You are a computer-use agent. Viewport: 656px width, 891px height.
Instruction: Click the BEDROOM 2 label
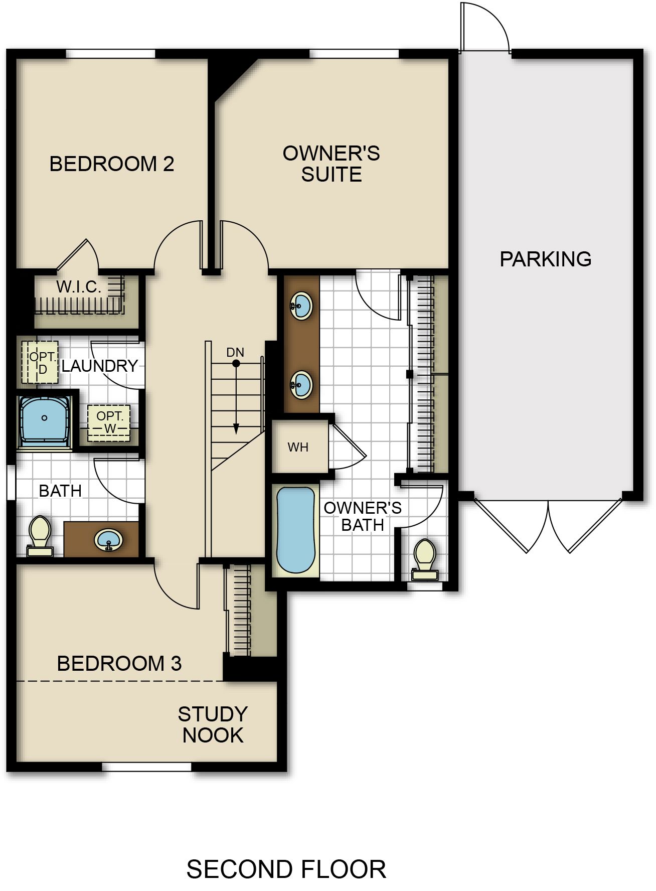[x=112, y=164]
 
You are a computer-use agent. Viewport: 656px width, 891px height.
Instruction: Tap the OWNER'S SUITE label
[x=332, y=164]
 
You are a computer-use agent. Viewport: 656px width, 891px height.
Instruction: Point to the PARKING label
[x=546, y=259]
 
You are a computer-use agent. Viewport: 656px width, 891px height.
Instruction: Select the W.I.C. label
[x=79, y=287]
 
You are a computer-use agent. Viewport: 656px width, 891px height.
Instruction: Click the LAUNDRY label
[x=100, y=366]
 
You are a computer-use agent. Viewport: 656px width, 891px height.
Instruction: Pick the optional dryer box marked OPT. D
[x=40, y=362]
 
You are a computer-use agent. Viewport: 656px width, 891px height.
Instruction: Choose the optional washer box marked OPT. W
[x=109, y=423]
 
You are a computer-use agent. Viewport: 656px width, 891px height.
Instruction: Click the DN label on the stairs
[x=235, y=352]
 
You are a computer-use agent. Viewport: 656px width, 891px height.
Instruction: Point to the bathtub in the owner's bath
[x=296, y=530]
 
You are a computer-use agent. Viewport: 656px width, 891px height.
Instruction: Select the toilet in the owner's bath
[x=425, y=560]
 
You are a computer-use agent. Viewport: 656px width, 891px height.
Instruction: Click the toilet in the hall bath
[x=40, y=536]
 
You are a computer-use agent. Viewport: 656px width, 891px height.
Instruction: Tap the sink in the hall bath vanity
[x=109, y=540]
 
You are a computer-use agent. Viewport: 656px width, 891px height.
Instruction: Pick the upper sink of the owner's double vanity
[x=301, y=305]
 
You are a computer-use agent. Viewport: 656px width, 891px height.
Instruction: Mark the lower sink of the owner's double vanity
[x=301, y=385]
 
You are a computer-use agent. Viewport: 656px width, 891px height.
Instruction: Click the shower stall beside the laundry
[x=45, y=420]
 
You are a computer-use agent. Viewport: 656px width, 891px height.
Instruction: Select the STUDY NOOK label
[x=213, y=724]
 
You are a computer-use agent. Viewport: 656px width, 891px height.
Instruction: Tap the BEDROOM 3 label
[x=119, y=663]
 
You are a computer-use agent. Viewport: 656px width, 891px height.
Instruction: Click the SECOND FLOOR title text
[x=286, y=869]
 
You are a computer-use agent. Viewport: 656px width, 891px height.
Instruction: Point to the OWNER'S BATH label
[x=363, y=516]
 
